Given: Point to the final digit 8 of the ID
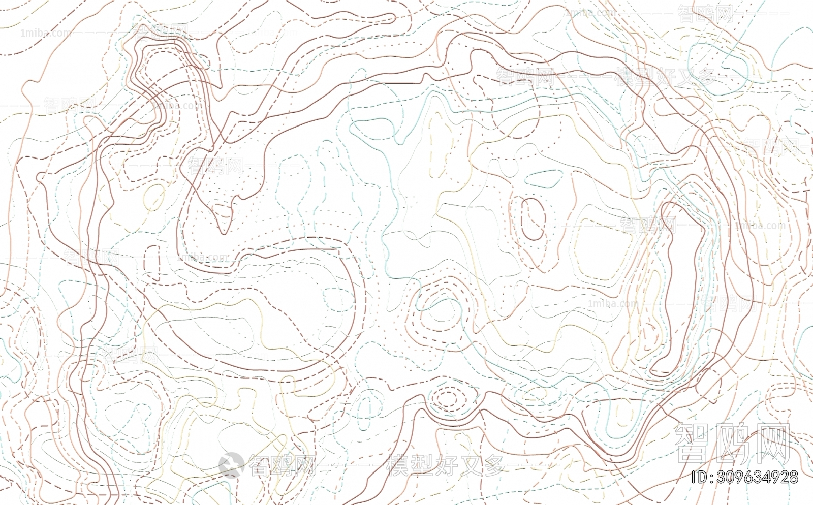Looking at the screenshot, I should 793,477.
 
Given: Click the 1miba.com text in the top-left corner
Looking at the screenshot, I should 46,33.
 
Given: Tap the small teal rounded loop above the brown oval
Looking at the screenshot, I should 544,178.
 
